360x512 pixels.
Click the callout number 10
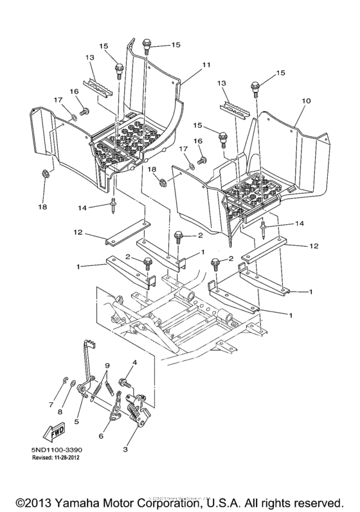tap(306, 101)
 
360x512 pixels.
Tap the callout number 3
tap(133, 442)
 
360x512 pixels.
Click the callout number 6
tap(101, 435)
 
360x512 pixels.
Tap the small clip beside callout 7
tap(67, 385)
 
